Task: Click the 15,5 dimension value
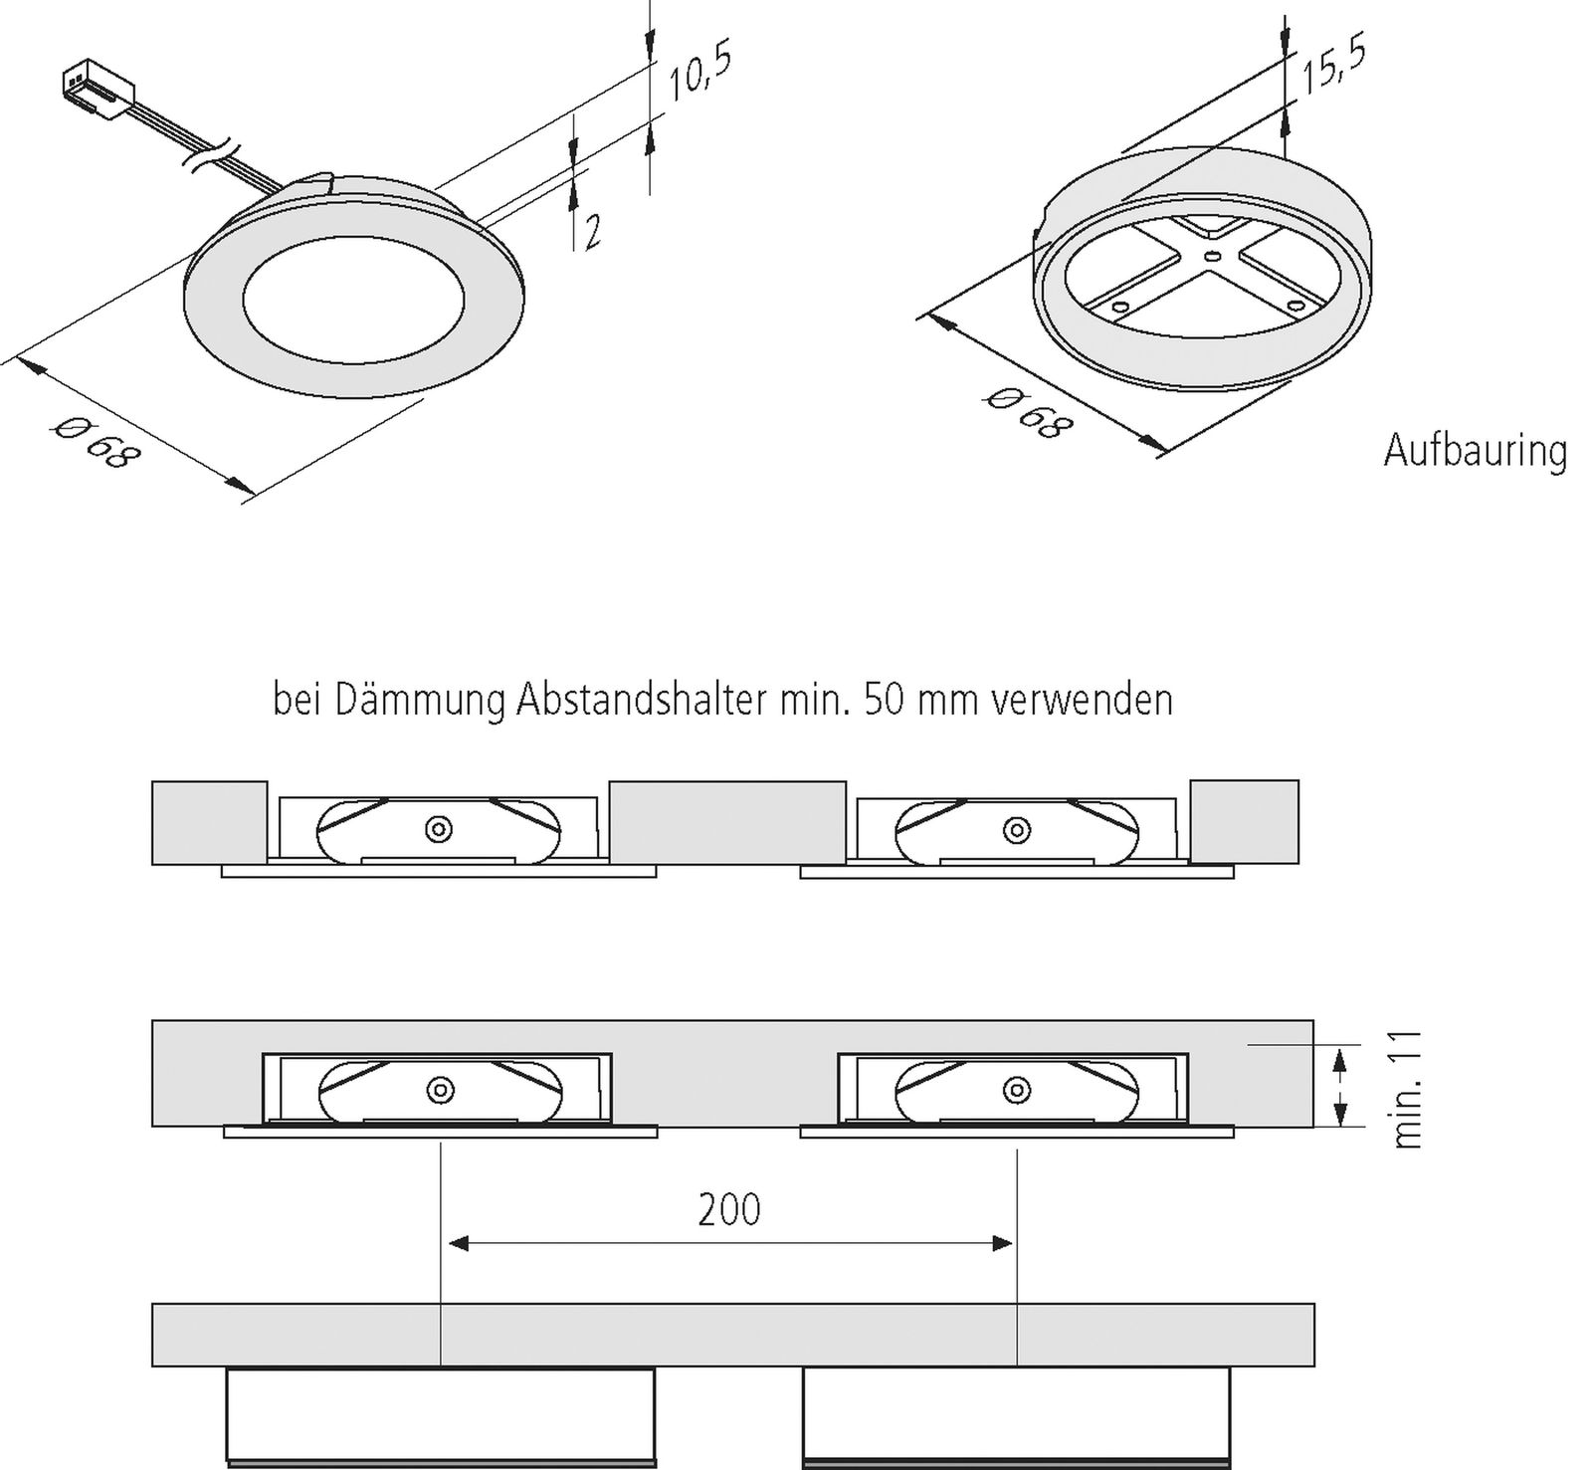click(x=1334, y=62)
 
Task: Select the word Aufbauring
click(x=1475, y=451)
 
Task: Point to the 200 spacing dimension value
click(x=728, y=1209)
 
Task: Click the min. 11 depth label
click(x=1407, y=1090)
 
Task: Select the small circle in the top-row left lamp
click(x=438, y=828)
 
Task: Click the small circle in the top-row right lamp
click(x=1016, y=828)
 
